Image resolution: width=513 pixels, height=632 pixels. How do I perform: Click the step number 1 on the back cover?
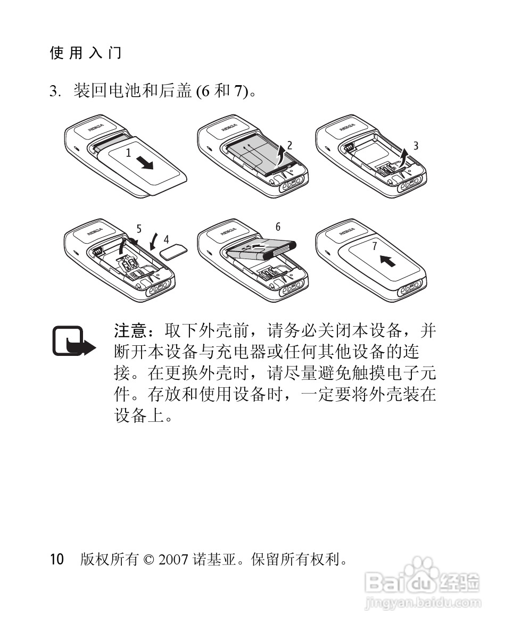click(x=128, y=153)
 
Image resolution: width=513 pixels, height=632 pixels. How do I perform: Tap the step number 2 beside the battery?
click(x=289, y=145)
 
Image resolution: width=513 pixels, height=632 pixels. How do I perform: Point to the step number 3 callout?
click(x=416, y=145)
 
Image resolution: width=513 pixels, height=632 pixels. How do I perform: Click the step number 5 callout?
click(x=139, y=229)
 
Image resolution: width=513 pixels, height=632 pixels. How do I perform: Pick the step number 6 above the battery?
click(x=278, y=227)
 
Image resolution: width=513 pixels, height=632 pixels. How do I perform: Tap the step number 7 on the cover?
click(x=375, y=246)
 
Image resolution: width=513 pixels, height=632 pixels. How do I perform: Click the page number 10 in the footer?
click(x=57, y=559)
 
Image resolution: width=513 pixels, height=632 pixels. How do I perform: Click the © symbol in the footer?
click(x=148, y=560)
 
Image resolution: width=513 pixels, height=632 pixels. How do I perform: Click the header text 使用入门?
click(x=85, y=53)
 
